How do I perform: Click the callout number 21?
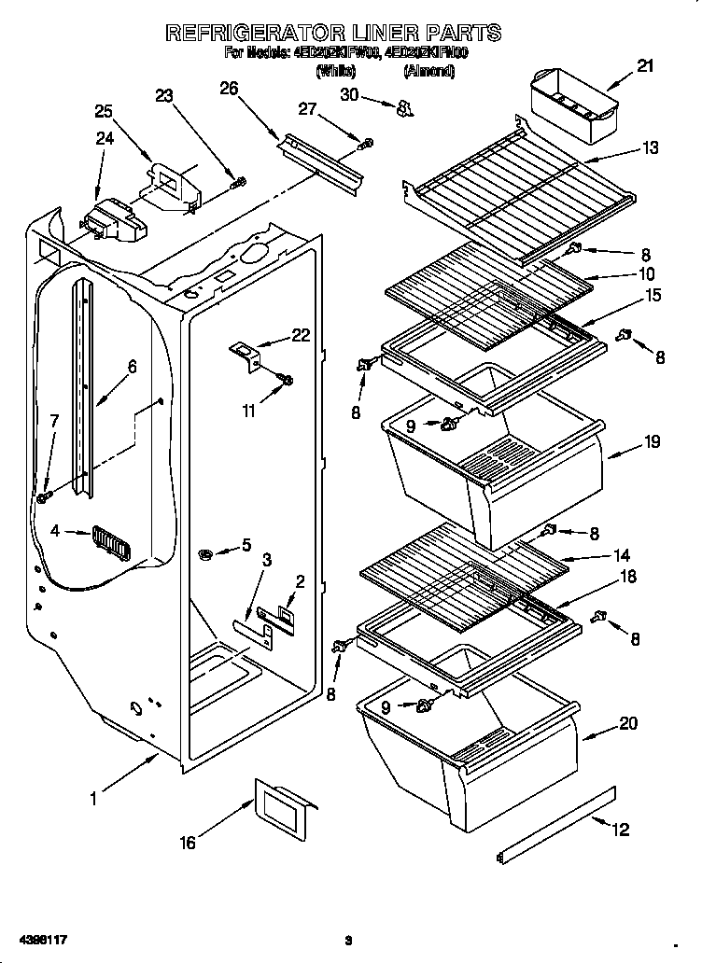click(645, 66)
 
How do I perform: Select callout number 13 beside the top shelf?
click(650, 147)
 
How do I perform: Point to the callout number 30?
click(349, 94)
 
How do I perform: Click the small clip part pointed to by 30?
click(403, 109)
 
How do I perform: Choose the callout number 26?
click(229, 89)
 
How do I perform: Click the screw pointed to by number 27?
click(367, 143)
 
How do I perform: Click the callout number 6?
click(132, 367)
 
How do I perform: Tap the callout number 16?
click(188, 843)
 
